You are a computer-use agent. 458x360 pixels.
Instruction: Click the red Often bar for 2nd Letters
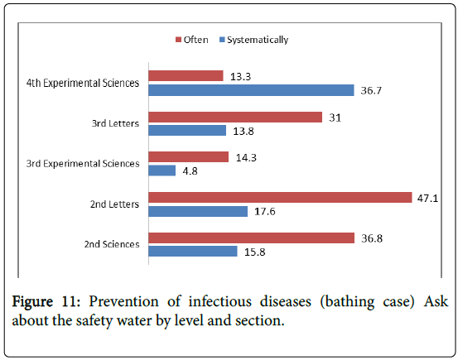(280, 197)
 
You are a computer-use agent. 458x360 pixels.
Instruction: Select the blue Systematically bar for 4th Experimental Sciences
(251, 90)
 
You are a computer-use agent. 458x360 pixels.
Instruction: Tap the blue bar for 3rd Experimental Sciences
(162, 170)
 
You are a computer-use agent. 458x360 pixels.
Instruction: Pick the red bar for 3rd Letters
(235, 117)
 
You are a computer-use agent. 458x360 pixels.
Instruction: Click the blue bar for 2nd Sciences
(193, 251)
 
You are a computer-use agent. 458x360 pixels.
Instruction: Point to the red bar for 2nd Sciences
(252, 238)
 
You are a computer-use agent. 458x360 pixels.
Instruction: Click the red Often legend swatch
(178, 40)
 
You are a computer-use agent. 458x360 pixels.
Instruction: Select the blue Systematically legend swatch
(222, 40)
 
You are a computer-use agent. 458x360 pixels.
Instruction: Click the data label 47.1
(427, 199)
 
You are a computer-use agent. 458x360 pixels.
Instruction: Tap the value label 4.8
(190, 171)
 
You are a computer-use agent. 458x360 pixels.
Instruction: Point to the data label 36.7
(371, 90)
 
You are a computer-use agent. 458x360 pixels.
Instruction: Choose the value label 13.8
(243, 131)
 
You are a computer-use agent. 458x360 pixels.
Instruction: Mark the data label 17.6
(265, 211)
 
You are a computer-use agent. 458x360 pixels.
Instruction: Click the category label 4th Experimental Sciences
(83, 84)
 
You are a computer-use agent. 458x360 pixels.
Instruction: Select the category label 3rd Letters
(115, 123)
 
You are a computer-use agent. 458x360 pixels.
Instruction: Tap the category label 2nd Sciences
(112, 244)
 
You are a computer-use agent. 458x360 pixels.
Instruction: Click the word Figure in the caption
(32, 302)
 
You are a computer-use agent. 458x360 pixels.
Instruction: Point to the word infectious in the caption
(219, 301)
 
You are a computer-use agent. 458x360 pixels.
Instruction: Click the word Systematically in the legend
(258, 40)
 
